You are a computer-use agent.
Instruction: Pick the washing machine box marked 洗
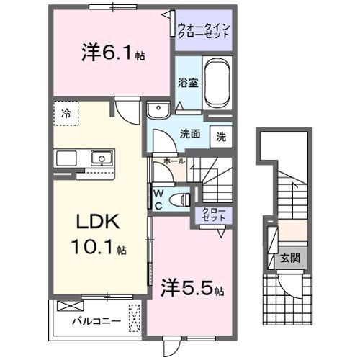(x=221, y=136)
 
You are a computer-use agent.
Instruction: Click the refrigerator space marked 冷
(x=66, y=113)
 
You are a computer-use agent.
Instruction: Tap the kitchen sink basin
(x=101, y=158)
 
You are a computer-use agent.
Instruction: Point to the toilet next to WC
(x=181, y=198)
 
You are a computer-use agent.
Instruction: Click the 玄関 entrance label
(x=289, y=258)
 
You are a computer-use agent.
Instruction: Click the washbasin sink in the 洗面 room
(x=156, y=109)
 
